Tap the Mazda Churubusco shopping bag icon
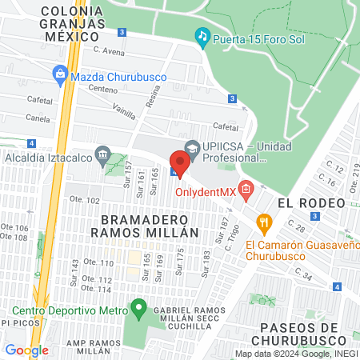coord(59,76)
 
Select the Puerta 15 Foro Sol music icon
coord(202,36)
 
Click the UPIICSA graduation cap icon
coord(192,148)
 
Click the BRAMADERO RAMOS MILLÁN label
coord(144,226)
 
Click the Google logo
coord(26,350)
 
